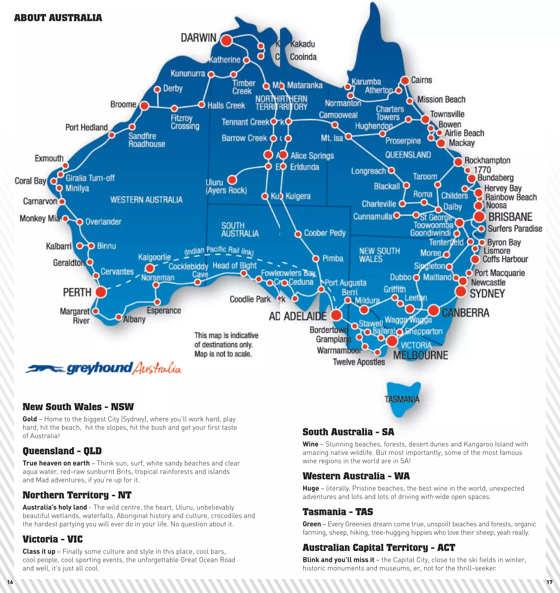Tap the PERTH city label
tap(77, 292)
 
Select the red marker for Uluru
tap(232, 180)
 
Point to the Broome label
tap(123, 104)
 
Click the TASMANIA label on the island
tap(402, 399)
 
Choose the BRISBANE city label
tap(510, 217)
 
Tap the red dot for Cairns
tap(405, 81)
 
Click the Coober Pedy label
tap(325, 233)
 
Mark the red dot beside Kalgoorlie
tap(150, 268)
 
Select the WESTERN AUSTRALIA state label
tap(146, 200)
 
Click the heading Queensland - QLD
tap(62, 451)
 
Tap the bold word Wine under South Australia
tap(310, 444)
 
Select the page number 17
tap(549, 582)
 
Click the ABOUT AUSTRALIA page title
tap(58, 18)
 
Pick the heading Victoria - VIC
tap(52, 539)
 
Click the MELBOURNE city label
tap(421, 355)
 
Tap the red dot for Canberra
tap(433, 310)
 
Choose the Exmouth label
tap(49, 158)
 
